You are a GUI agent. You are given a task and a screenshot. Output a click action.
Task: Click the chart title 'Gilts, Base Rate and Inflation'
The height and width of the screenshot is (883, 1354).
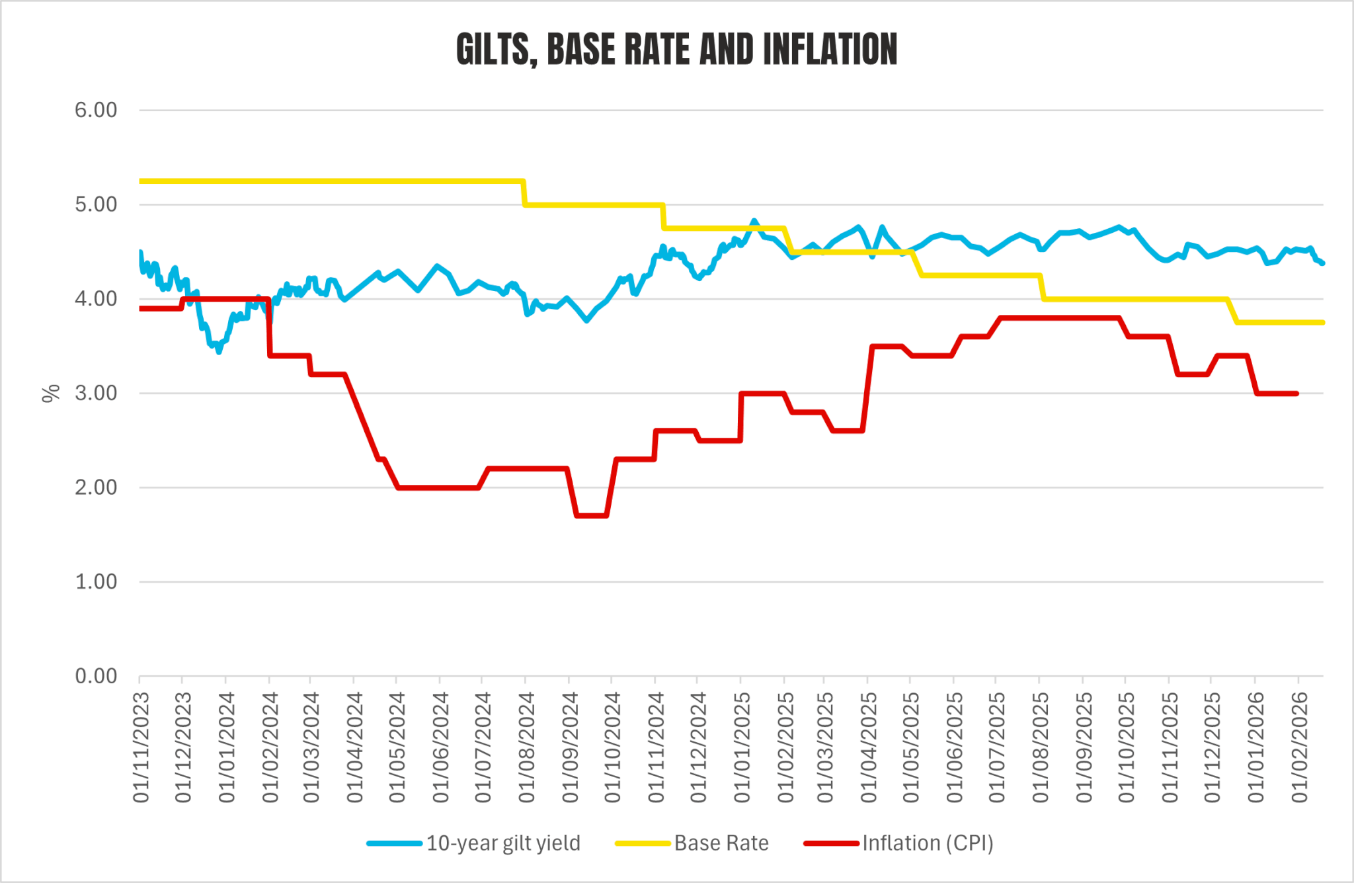pyautogui.click(x=676, y=50)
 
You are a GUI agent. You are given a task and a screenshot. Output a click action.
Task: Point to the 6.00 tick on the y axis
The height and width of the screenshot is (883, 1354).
pyautogui.click(x=96, y=110)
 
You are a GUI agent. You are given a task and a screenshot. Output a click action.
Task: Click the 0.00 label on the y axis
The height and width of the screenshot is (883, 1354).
pyautogui.click(x=96, y=676)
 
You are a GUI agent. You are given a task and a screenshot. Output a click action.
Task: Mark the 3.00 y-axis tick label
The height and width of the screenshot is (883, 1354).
pyautogui.click(x=96, y=393)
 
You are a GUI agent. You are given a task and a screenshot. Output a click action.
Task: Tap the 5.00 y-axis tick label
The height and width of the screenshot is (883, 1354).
pyautogui.click(x=96, y=204)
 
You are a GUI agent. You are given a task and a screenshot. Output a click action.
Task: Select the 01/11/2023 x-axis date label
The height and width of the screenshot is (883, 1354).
pyautogui.click(x=141, y=747)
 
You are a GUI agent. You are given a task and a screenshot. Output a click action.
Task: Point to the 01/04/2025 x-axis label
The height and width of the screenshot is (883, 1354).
pyautogui.click(x=868, y=747)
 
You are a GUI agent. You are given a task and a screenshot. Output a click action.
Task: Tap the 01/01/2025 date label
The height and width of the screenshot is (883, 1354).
pyautogui.click(x=742, y=747)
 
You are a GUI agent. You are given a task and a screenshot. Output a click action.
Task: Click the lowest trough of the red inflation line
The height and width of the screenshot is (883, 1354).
pyautogui.click(x=592, y=515)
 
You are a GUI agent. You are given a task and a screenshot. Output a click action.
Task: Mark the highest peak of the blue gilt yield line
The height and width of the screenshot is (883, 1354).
pyautogui.click(x=754, y=221)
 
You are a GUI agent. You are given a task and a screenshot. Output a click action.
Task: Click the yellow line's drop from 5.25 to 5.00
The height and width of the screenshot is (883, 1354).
pyautogui.click(x=524, y=193)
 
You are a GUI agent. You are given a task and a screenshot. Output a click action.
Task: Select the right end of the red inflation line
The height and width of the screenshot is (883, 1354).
pyautogui.click(x=1296, y=394)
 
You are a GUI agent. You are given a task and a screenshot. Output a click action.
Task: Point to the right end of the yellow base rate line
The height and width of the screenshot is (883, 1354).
pyautogui.click(x=1322, y=322)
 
